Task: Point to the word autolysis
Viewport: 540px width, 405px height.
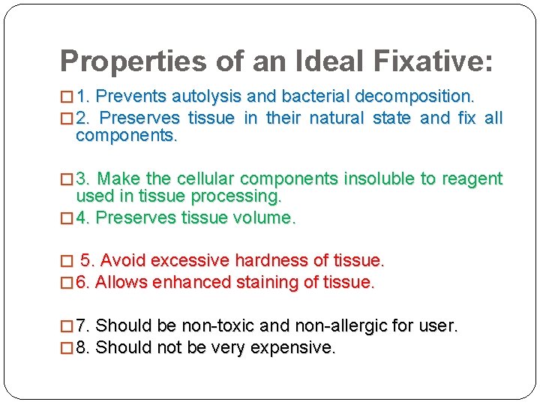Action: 205,97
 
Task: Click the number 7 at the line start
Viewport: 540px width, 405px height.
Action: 82,326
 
